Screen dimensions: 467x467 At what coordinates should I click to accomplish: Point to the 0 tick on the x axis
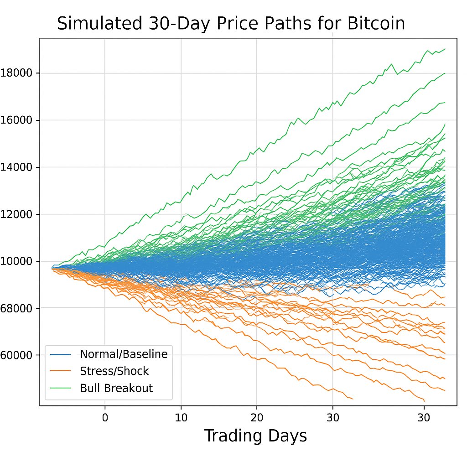(105, 417)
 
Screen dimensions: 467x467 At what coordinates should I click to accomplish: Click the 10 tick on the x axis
(181, 417)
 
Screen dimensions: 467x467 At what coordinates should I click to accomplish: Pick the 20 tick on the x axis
(257, 417)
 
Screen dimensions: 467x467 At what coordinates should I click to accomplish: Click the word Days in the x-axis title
(288, 436)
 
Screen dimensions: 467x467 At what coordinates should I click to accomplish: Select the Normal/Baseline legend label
(124, 354)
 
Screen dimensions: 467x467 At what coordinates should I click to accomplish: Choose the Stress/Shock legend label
(114, 371)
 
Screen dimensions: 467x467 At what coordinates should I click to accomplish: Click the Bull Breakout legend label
(116, 388)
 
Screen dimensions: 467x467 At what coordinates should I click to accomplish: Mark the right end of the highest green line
(445, 48)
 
